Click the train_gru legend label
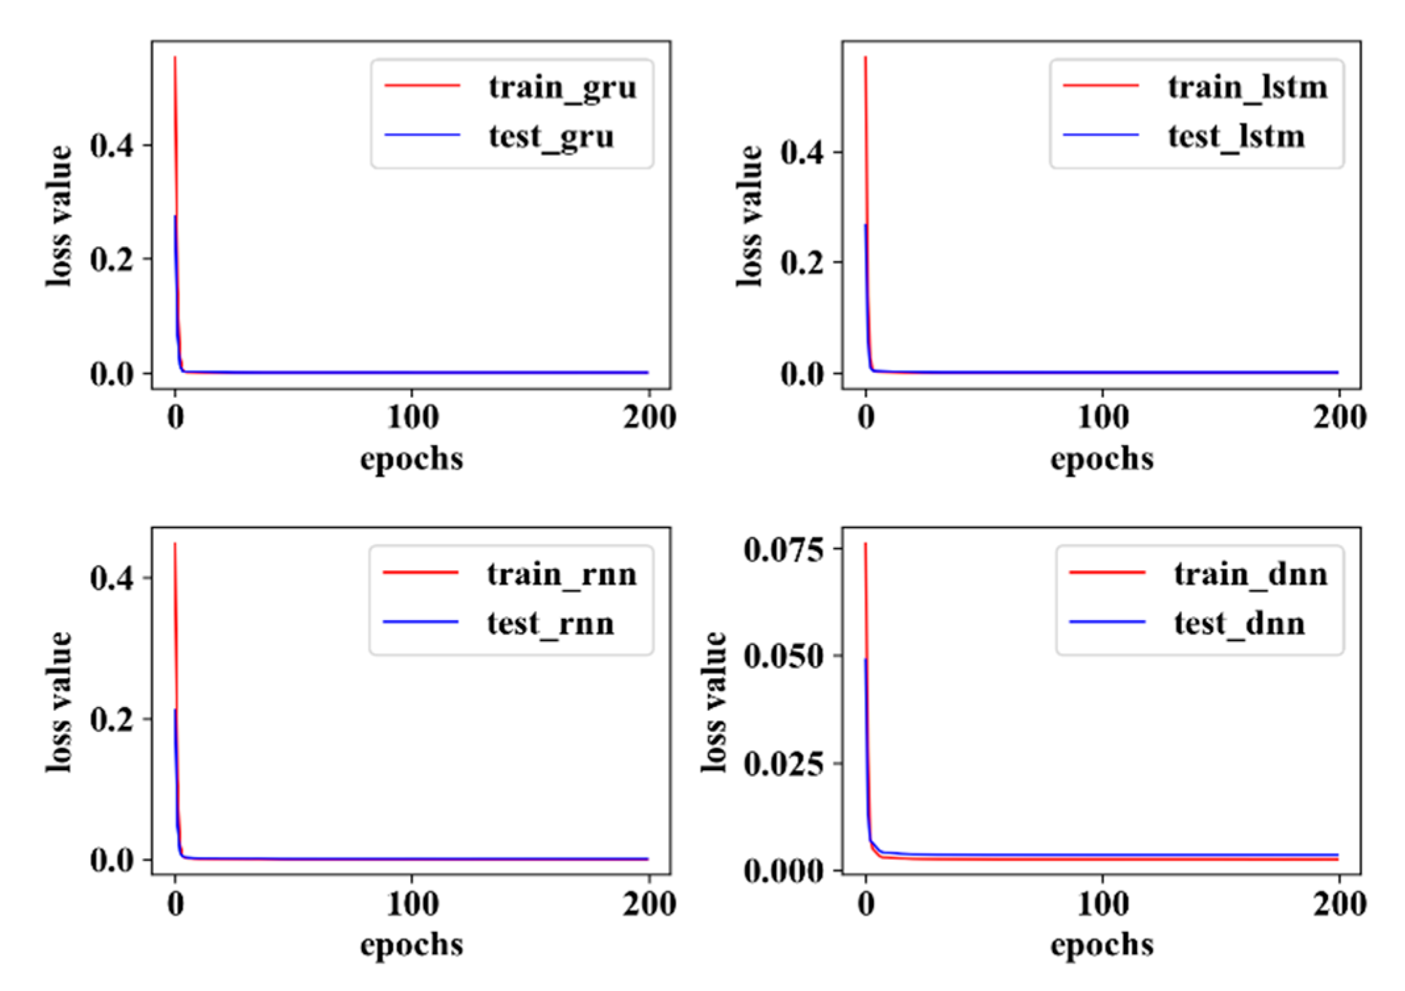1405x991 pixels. click(x=562, y=87)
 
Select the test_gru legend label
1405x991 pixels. click(x=551, y=136)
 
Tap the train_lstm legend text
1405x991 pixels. click(x=1247, y=87)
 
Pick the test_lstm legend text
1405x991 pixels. click(x=1236, y=136)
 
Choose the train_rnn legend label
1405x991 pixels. click(x=561, y=574)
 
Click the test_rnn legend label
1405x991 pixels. click(x=550, y=623)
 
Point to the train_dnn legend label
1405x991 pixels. click(x=1250, y=574)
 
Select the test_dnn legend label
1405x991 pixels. click(x=1239, y=623)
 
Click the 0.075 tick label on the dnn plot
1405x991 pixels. click(x=783, y=550)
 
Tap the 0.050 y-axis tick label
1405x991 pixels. click(x=783, y=656)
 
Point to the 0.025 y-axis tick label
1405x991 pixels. click(x=783, y=764)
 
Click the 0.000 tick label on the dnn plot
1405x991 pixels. click(x=783, y=871)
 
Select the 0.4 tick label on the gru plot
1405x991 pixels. click(x=112, y=146)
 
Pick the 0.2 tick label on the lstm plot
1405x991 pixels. click(x=802, y=263)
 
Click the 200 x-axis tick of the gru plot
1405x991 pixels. click(x=649, y=418)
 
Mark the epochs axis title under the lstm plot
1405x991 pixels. click(x=1102, y=458)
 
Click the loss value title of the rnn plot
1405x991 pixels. click(x=59, y=702)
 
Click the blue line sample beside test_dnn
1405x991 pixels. click(x=1107, y=622)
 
